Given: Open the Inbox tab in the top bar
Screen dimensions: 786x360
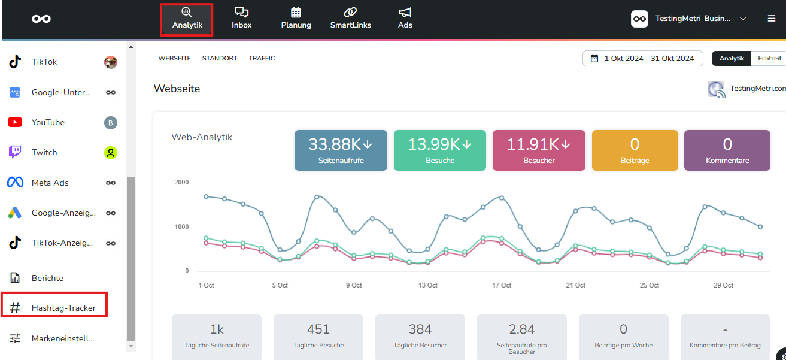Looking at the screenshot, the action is [241, 18].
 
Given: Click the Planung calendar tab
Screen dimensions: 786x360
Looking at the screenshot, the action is [296, 18].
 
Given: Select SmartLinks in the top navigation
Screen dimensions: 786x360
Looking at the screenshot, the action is [350, 18].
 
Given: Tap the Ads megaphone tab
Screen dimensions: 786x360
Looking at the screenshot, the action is [405, 18].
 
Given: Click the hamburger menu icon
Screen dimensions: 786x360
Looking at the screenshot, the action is [771, 18].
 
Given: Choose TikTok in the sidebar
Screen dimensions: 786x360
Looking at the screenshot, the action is [44, 62].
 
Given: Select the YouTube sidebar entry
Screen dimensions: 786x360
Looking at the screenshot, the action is [48, 122].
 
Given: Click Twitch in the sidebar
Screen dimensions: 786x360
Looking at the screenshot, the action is [44, 152].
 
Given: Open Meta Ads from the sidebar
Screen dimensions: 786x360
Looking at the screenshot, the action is [50, 183].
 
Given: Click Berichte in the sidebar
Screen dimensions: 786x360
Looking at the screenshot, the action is [47, 278].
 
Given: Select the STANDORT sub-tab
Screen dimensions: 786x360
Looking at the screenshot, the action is [220, 58].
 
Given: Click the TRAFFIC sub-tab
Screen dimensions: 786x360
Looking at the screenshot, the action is [262, 58].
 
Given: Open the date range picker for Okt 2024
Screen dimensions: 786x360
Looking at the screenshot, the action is [642, 58].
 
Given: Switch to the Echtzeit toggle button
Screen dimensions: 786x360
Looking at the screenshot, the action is [769, 58].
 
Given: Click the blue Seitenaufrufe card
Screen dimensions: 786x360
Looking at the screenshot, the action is [341, 150].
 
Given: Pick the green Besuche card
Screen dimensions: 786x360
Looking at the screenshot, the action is [439, 150].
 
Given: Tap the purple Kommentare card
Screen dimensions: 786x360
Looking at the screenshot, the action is [727, 150].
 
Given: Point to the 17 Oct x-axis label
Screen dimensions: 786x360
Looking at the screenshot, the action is [502, 285].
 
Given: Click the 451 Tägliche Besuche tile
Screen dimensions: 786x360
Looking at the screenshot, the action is [318, 337].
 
